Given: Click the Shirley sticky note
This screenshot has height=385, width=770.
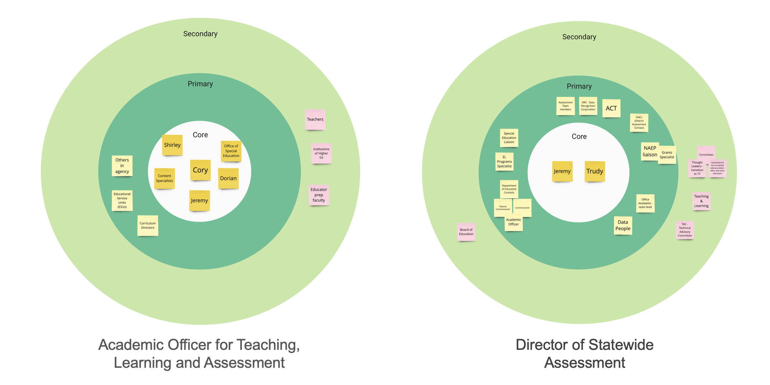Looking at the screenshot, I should pyautogui.click(x=172, y=145).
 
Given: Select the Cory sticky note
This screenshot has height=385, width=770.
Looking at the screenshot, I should pyautogui.click(x=200, y=170).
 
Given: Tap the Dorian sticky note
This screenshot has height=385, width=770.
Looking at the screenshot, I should pyautogui.click(x=228, y=178).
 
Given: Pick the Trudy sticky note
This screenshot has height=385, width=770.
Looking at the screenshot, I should pyautogui.click(x=595, y=171).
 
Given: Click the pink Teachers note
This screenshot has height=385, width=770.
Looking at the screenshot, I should pyautogui.click(x=315, y=119).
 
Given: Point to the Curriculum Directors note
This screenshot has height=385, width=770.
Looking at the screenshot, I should pyautogui.click(x=147, y=225).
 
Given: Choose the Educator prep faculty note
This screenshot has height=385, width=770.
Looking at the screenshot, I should pyautogui.click(x=319, y=195).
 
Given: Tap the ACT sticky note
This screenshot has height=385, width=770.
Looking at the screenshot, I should pyautogui.click(x=611, y=108).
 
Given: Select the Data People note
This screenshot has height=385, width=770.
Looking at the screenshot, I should pyautogui.click(x=623, y=225).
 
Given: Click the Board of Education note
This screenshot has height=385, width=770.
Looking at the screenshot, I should pyautogui.click(x=466, y=232).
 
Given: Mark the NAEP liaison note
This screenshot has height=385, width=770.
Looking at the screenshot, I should pyautogui.click(x=649, y=151).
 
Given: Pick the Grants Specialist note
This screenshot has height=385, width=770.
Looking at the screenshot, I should pyautogui.click(x=667, y=155).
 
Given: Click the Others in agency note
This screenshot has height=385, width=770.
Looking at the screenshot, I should pyautogui.click(x=122, y=166).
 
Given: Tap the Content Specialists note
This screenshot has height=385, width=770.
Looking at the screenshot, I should pyautogui.click(x=164, y=178).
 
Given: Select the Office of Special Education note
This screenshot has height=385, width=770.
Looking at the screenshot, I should pyautogui.click(x=231, y=151).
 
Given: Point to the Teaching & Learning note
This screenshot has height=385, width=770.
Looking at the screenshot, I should pyautogui.click(x=701, y=201).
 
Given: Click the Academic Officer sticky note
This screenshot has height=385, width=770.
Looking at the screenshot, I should pyautogui.click(x=513, y=222).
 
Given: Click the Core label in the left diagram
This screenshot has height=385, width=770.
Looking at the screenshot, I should pyautogui.click(x=200, y=135).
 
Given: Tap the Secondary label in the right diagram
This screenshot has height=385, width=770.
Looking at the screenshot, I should pyautogui.click(x=579, y=37).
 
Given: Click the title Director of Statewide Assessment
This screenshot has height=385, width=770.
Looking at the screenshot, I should pyautogui.click(x=584, y=353).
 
